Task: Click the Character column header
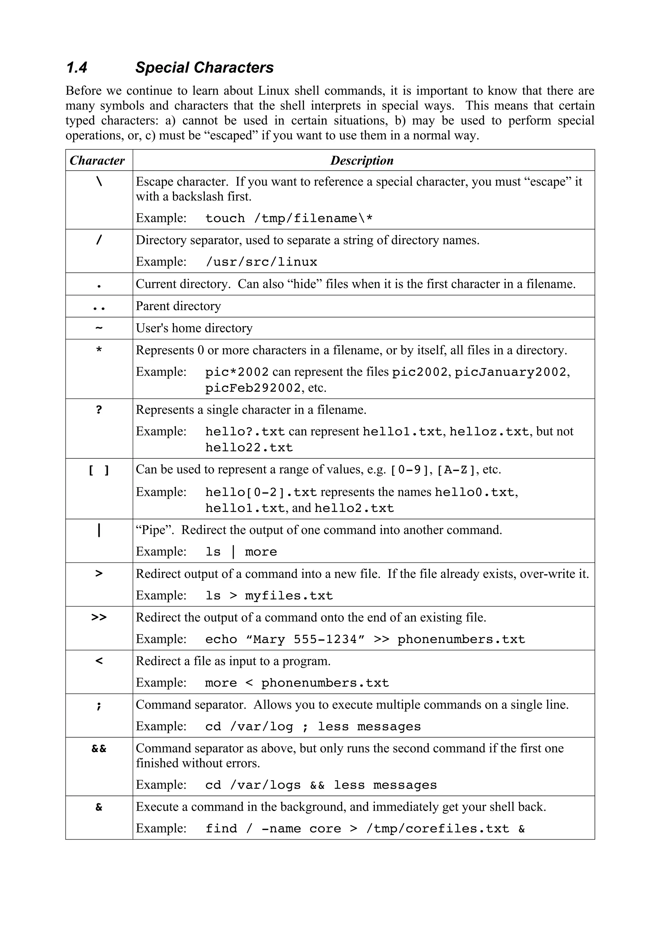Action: point(97,161)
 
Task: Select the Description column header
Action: point(362,161)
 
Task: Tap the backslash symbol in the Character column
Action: point(99,182)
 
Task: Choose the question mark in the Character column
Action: point(99,410)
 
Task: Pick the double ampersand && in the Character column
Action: point(99,749)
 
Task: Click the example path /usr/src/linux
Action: point(261,262)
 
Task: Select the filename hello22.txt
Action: point(249,448)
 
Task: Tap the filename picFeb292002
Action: point(253,388)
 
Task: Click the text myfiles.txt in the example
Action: point(289,596)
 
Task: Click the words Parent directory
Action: point(178,306)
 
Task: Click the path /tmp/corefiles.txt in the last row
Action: point(438,829)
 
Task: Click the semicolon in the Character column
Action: point(99,705)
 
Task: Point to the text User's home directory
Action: point(194,328)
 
